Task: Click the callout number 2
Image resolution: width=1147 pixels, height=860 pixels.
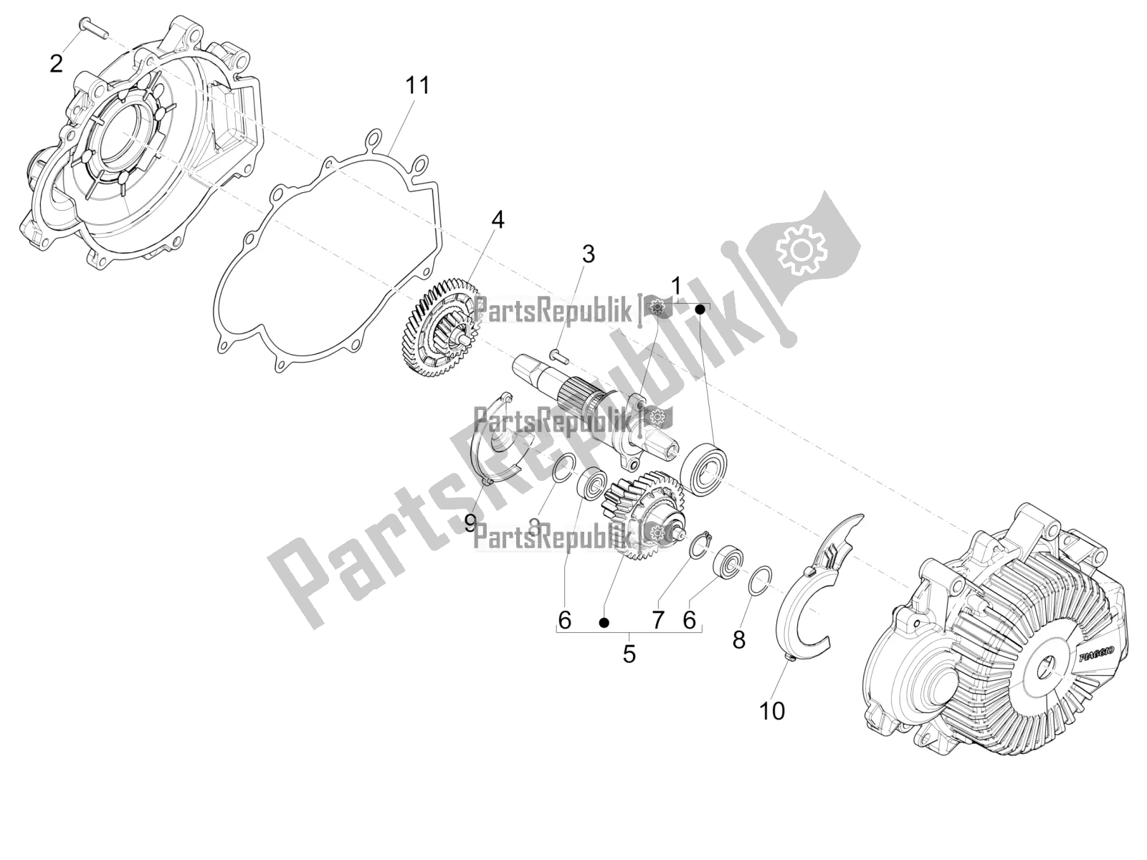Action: (x=56, y=64)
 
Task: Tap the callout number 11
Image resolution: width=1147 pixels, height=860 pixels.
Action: (x=417, y=85)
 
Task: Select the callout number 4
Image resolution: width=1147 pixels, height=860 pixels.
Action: (x=497, y=219)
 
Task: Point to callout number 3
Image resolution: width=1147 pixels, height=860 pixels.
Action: (x=588, y=254)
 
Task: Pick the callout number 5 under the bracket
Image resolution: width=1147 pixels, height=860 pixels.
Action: (x=629, y=654)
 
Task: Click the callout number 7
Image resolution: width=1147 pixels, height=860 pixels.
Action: (x=658, y=620)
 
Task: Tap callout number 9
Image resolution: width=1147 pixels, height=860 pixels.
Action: (x=470, y=522)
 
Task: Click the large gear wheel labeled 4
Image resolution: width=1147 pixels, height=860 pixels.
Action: (x=437, y=330)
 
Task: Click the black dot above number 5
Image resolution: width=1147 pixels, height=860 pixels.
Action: (x=604, y=623)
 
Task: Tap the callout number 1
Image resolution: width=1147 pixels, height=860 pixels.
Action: (x=675, y=287)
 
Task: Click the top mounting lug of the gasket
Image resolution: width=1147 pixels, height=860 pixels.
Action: (x=373, y=138)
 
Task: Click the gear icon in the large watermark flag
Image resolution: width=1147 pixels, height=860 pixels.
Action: (x=802, y=250)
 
